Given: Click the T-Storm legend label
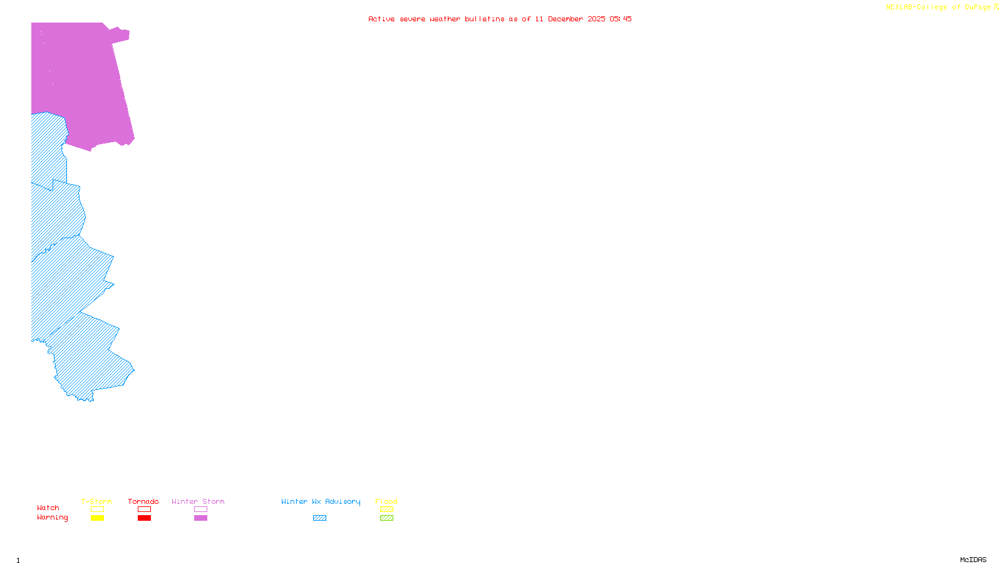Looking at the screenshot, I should pyautogui.click(x=96, y=501).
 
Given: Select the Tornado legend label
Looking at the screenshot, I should pyautogui.click(x=143, y=501).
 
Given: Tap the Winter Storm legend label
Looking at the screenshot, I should pyautogui.click(x=198, y=501).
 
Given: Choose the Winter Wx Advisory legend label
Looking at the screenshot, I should pyautogui.click(x=321, y=501).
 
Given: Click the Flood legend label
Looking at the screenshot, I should pyautogui.click(x=386, y=501).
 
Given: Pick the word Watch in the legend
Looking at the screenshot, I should pyautogui.click(x=48, y=508).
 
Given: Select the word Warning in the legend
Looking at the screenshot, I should pyautogui.click(x=52, y=518).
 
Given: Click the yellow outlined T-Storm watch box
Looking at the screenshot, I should pyautogui.click(x=97, y=509).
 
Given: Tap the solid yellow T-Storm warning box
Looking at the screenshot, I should pyautogui.click(x=97, y=518).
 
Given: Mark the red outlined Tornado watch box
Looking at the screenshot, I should pyautogui.click(x=144, y=509).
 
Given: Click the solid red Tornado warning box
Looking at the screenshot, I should pyautogui.click(x=144, y=518).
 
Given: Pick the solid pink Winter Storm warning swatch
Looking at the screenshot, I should pyautogui.click(x=200, y=518).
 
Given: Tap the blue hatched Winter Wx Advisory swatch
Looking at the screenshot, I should pyautogui.click(x=319, y=518).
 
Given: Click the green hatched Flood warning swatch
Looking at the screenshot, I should pyautogui.click(x=386, y=518).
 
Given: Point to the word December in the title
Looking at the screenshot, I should pyautogui.click(x=566, y=19).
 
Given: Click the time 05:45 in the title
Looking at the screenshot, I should pyautogui.click(x=620, y=19).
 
